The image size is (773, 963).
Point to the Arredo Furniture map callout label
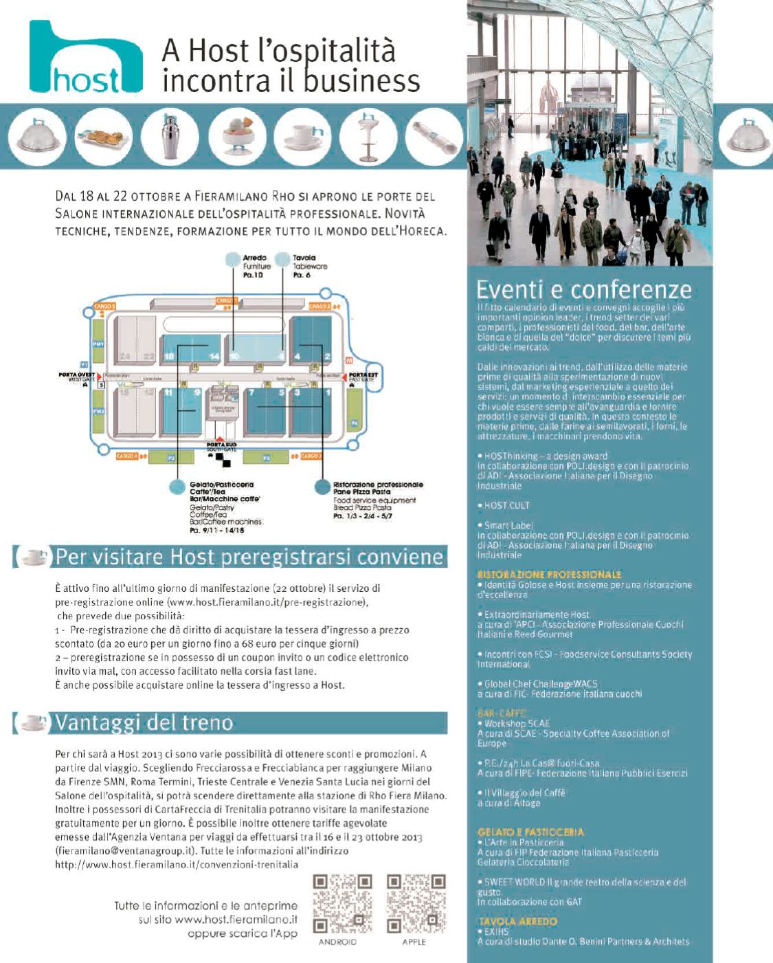click(x=257, y=266)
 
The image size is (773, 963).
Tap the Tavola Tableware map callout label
click(x=309, y=266)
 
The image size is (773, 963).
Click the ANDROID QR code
click(x=337, y=902)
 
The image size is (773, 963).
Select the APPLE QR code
click(x=413, y=902)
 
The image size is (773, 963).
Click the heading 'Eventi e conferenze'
click(x=584, y=289)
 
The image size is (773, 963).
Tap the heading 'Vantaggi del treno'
click(x=144, y=723)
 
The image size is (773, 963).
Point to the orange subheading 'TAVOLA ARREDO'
click(x=517, y=922)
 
